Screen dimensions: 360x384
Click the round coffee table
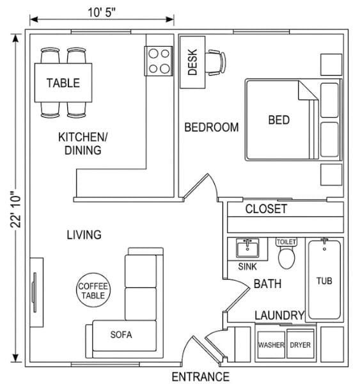point(93,290)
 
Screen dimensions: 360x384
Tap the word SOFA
point(121,335)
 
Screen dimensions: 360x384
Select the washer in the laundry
point(271,344)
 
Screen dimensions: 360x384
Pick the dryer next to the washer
point(301,344)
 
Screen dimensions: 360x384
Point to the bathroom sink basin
point(247,248)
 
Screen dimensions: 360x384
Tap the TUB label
point(324,281)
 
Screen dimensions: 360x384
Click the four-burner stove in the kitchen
point(159,61)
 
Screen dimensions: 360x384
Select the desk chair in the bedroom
point(215,62)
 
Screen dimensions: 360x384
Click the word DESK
point(192,62)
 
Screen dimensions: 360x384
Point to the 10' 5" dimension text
point(101,12)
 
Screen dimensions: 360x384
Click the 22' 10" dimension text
point(15,209)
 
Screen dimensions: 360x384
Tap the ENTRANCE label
point(200,377)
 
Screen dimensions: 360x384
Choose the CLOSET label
point(266,209)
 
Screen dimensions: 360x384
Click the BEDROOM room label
point(212,127)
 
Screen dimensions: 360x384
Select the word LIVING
point(84,235)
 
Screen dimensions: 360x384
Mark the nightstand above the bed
point(331,65)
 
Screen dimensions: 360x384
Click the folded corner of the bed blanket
point(306,92)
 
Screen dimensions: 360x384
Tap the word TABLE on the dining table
point(63,83)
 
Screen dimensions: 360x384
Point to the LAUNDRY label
point(279,316)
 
